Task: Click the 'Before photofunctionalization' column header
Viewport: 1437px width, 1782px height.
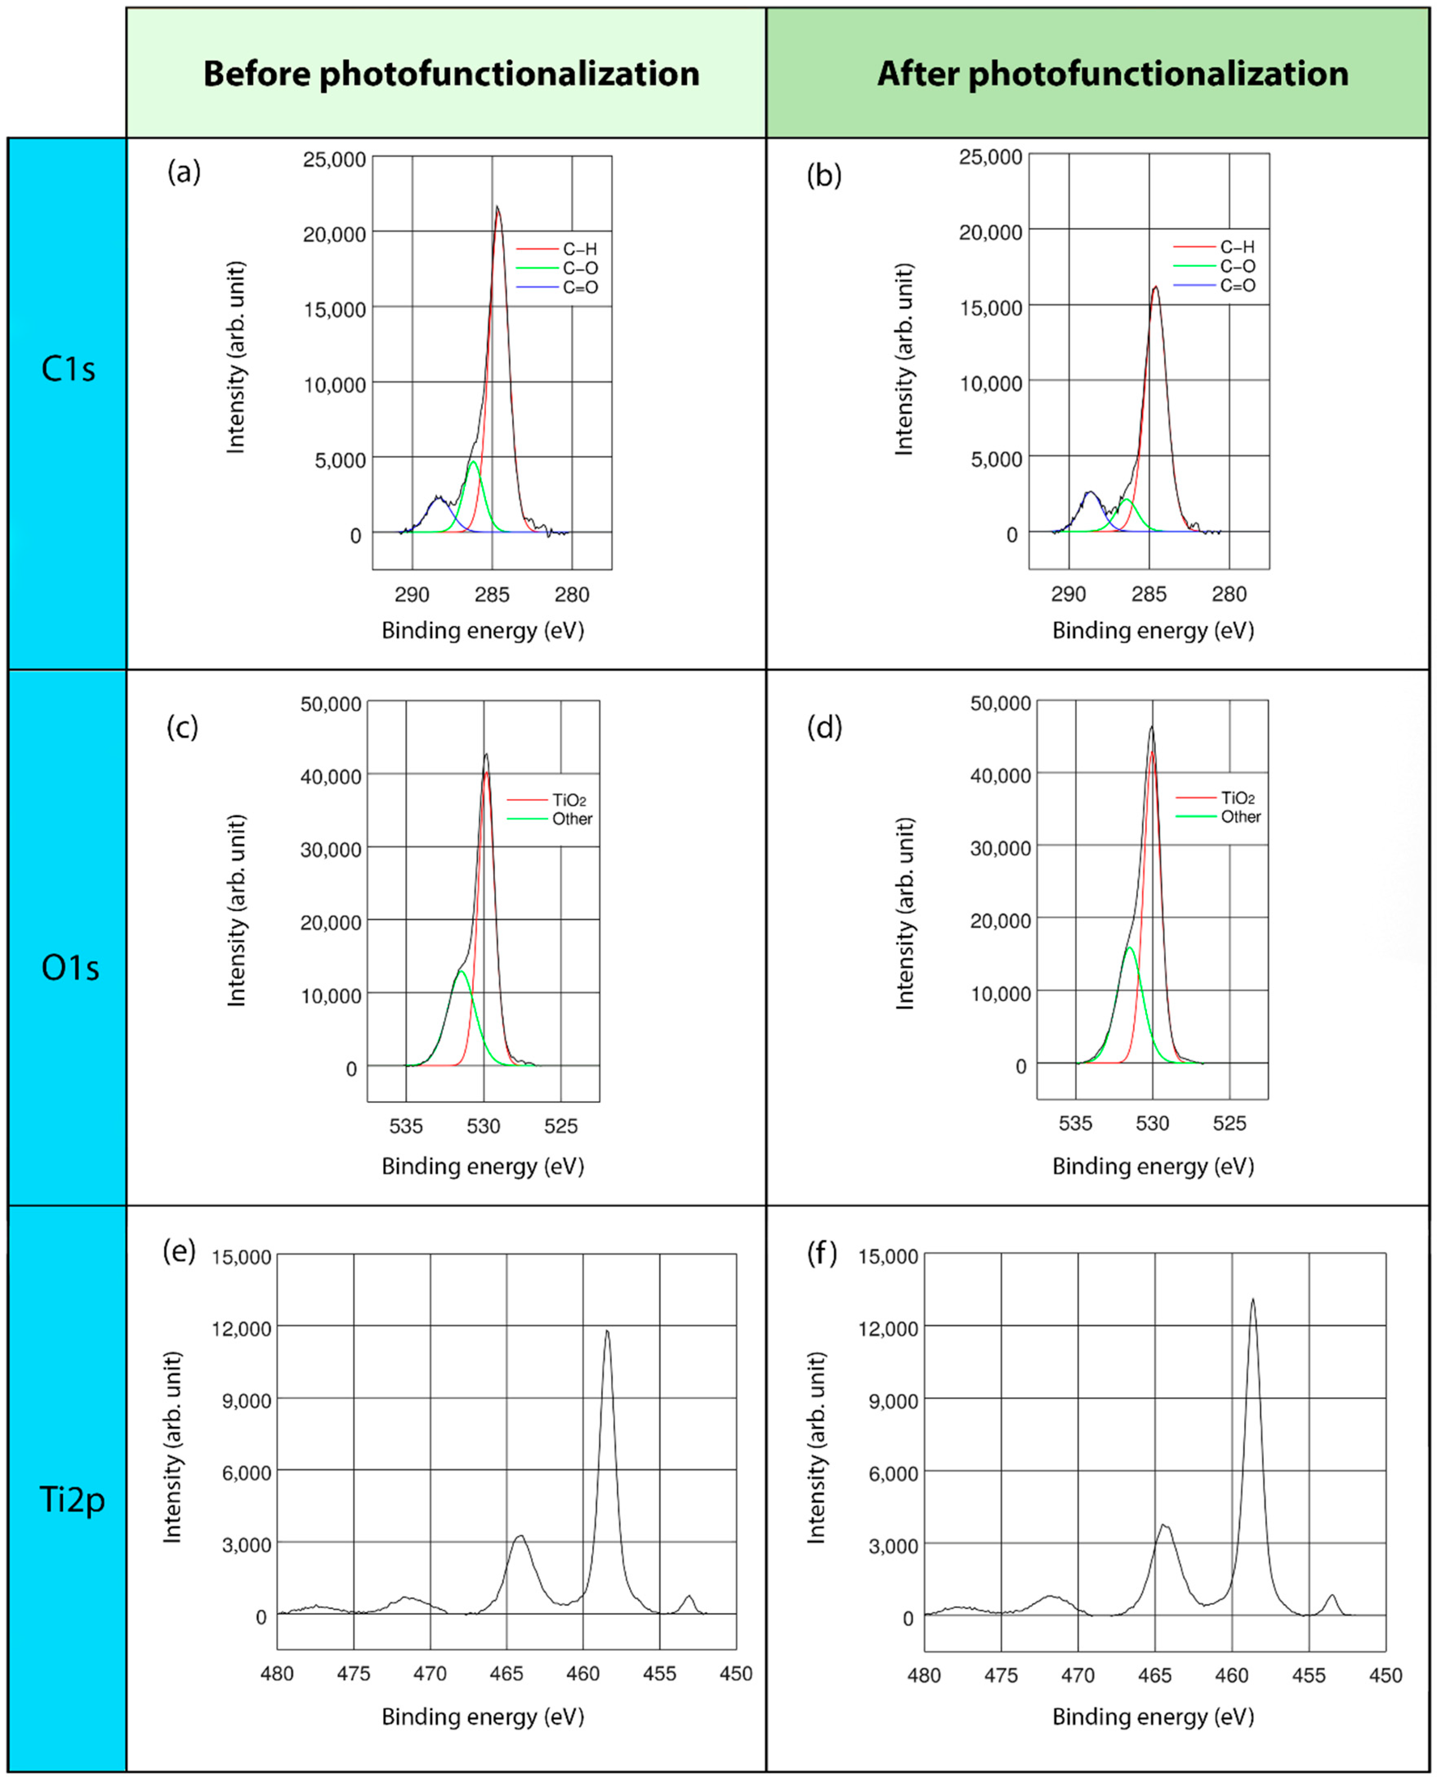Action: pos(451,74)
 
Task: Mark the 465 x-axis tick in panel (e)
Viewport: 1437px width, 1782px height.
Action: pos(507,1673)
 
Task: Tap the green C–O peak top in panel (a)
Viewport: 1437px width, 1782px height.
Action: pos(473,463)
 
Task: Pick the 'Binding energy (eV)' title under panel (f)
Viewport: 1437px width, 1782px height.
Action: pos(1152,1717)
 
